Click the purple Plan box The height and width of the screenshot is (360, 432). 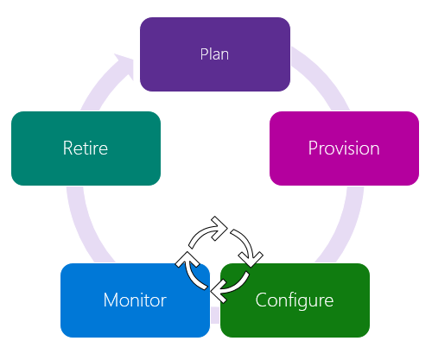click(x=214, y=54)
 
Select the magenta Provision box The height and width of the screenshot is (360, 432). click(x=344, y=148)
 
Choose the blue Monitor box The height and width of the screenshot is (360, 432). click(x=135, y=300)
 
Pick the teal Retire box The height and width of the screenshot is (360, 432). click(x=86, y=148)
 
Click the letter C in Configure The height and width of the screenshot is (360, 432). click(x=261, y=300)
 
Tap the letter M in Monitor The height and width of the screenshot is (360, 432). click(x=110, y=300)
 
